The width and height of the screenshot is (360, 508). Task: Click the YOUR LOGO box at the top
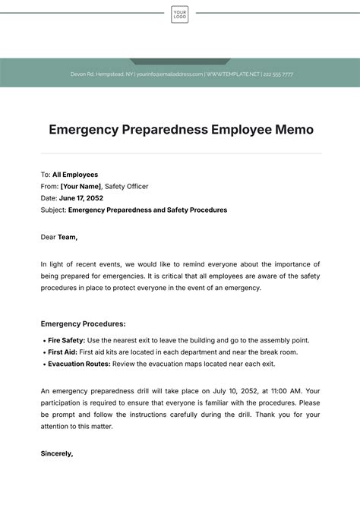click(180, 14)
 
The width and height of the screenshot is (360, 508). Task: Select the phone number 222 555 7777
click(277, 74)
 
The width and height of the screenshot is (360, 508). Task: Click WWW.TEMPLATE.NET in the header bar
click(232, 74)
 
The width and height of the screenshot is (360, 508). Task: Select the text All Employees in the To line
click(75, 175)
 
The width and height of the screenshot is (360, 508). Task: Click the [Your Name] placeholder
click(81, 186)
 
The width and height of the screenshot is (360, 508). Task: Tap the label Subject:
click(53, 210)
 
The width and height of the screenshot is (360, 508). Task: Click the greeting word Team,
click(68, 237)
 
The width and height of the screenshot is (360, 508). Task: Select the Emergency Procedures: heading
click(83, 323)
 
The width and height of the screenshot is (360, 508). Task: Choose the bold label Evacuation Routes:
click(79, 364)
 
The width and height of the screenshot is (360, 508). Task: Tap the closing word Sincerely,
click(57, 453)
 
